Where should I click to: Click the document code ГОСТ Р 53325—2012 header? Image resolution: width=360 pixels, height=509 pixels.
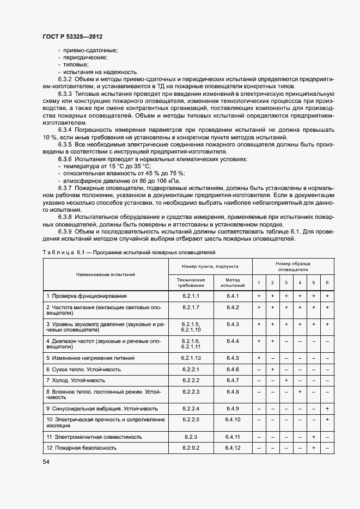(x=72, y=36)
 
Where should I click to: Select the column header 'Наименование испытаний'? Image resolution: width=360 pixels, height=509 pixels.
(x=106, y=275)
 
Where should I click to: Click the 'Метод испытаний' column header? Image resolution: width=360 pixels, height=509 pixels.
(x=233, y=282)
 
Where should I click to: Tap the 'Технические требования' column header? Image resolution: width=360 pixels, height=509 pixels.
(x=191, y=282)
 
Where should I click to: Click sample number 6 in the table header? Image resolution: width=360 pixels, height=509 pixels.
(x=327, y=283)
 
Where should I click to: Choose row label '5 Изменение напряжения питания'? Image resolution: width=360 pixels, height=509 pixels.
(x=90, y=358)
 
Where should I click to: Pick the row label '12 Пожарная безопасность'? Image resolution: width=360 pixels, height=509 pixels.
(x=82, y=448)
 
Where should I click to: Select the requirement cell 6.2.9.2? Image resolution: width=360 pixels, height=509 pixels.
(x=191, y=448)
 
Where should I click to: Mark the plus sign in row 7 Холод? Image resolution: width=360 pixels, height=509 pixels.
(x=286, y=380)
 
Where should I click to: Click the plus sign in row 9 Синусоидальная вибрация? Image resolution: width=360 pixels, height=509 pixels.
(x=327, y=408)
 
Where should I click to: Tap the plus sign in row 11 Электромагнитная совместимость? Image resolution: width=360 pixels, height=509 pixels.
(x=313, y=437)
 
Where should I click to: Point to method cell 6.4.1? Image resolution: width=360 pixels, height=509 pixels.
(x=233, y=296)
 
